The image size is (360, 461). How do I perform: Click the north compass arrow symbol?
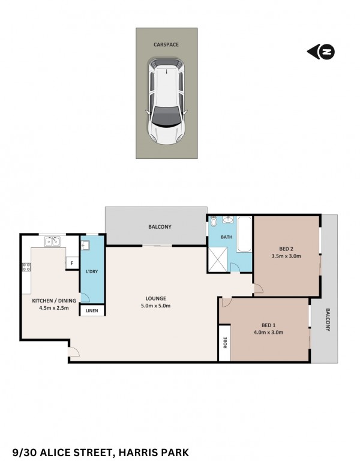click(x=321, y=52)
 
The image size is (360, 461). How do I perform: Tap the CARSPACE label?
click(x=166, y=44)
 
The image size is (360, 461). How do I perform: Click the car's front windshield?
click(x=166, y=116)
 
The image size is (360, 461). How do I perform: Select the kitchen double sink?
click(x=53, y=241)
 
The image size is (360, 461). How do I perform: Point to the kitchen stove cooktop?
click(x=26, y=267)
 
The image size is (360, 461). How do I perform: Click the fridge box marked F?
click(x=72, y=263)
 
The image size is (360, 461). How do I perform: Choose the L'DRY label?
click(x=92, y=271)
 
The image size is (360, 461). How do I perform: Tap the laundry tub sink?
click(x=85, y=246)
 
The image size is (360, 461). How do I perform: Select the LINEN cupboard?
click(x=92, y=310)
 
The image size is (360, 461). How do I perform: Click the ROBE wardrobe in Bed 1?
click(x=225, y=343)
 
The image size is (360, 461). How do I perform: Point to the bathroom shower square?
click(x=218, y=259)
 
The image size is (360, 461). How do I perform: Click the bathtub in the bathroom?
click(x=244, y=234)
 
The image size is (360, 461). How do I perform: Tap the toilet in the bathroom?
click(x=214, y=221)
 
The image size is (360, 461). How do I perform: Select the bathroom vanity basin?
click(x=227, y=220)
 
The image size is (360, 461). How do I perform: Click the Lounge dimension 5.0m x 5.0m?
click(x=156, y=306)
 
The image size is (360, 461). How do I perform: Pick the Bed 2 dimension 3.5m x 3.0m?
click(x=286, y=256)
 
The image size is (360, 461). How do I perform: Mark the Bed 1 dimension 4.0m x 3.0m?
click(x=269, y=333)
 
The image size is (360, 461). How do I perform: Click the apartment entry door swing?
click(x=73, y=352)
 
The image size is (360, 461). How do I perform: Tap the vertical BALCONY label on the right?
click(x=328, y=319)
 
